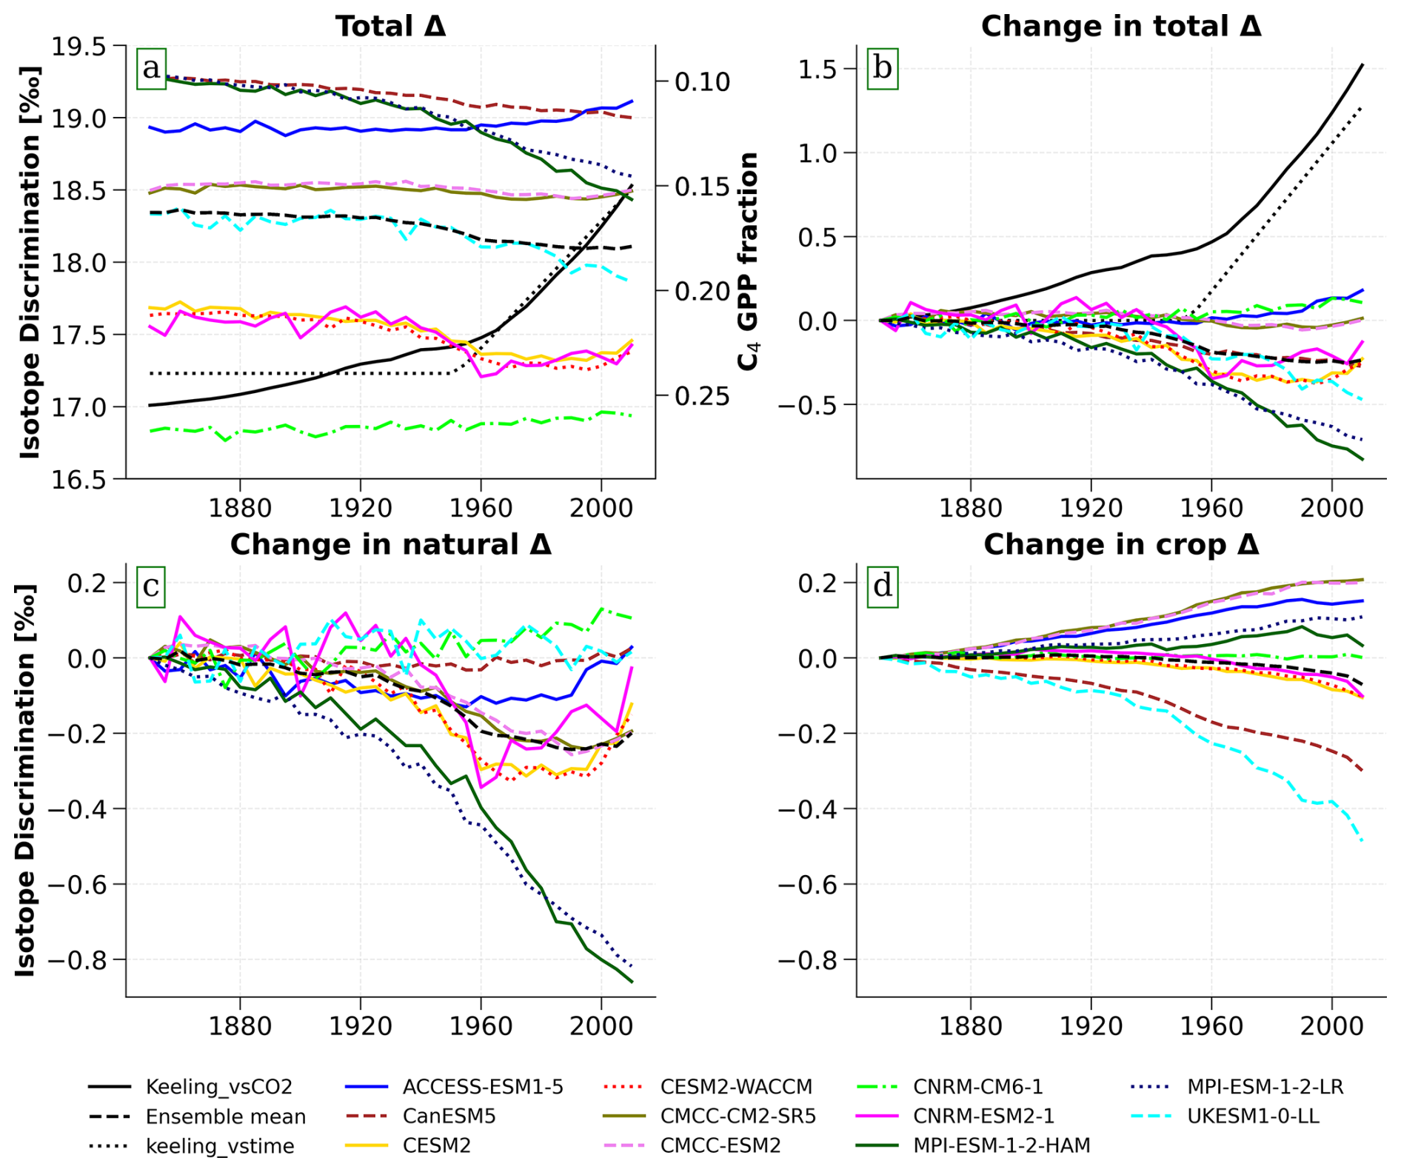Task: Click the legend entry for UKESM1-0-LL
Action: pyautogui.click(x=1225, y=1116)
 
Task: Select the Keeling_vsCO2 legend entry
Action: pyautogui.click(x=190, y=1086)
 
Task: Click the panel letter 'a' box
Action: pyautogui.click(x=151, y=69)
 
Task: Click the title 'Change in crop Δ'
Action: pyautogui.click(x=1121, y=545)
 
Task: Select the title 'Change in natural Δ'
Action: pyautogui.click(x=390, y=545)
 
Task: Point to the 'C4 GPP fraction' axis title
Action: pyautogui.click(x=749, y=261)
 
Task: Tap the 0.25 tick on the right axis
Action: pyautogui.click(x=703, y=396)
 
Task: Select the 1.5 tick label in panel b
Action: pyautogui.click(x=817, y=69)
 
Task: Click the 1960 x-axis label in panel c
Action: pyautogui.click(x=481, y=1026)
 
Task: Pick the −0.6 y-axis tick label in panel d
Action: pyautogui.click(x=807, y=884)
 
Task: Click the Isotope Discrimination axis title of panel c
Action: pyautogui.click(x=26, y=780)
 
